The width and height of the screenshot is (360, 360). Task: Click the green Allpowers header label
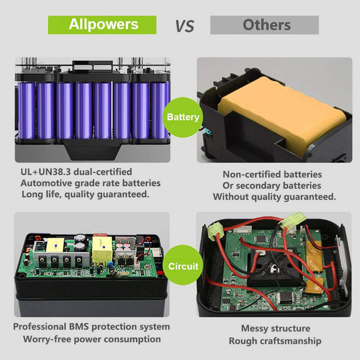tap(102, 24)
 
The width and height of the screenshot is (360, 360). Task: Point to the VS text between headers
tap(184, 26)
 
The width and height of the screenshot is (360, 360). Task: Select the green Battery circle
tap(183, 117)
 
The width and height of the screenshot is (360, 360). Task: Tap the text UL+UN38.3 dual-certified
tap(76, 172)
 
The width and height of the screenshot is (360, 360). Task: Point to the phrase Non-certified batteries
tap(272, 174)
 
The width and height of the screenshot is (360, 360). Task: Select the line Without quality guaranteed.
tap(274, 197)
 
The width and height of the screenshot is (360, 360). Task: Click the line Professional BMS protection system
tap(91, 327)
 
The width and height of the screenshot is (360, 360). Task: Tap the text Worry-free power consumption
tap(92, 339)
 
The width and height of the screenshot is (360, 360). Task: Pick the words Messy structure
tap(275, 328)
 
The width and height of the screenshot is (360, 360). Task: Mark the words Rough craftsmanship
tap(275, 341)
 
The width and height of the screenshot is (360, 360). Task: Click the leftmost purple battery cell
tap(26, 110)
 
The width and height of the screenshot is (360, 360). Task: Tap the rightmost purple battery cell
tap(159, 110)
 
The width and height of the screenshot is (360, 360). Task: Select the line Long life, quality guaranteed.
tap(85, 194)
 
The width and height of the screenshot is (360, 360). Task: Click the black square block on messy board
tap(275, 266)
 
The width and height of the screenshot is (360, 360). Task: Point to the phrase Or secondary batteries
tap(272, 186)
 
